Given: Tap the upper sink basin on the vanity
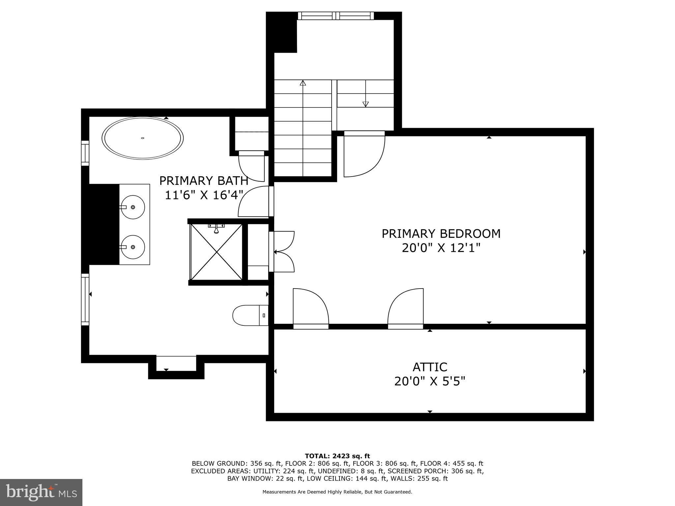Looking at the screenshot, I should (132, 207).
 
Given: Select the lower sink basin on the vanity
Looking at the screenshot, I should (132, 247).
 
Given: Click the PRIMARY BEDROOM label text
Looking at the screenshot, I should (441, 234).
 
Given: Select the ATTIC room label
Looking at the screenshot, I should (430, 367).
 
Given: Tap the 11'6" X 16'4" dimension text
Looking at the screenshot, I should (204, 195).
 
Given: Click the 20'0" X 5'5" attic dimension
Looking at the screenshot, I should (430, 381).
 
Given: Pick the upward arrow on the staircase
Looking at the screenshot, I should (303, 83).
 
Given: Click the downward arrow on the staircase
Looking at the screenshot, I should (365, 104).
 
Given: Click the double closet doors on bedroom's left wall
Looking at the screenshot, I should (283, 252).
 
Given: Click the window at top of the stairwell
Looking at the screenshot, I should (336, 16).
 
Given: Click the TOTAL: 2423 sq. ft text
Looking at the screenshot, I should (337, 456).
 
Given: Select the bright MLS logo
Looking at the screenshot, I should (41, 492).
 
